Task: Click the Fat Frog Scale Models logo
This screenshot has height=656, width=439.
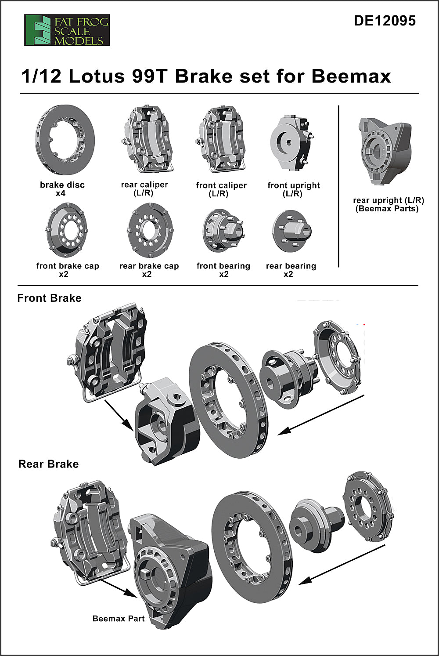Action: (x=67, y=30)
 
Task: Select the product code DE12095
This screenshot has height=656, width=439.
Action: (x=384, y=21)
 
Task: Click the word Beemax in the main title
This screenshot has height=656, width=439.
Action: (x=351, y=76)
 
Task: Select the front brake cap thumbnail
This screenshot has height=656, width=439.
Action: (x=66, y=230)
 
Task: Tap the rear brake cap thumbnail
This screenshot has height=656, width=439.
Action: (x=150, y=230)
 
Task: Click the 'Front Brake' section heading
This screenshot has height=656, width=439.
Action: (x=49, y=298)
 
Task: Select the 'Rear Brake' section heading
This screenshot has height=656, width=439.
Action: (x=48, y=464)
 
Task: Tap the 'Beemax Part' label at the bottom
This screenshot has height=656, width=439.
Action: (x=119, y=619)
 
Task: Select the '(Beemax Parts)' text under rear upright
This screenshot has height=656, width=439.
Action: (x=387, y=209)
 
